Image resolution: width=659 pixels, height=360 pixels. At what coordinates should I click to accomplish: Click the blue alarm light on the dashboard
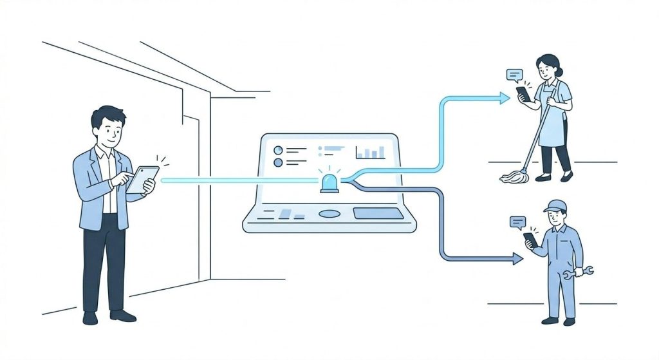(330, 182)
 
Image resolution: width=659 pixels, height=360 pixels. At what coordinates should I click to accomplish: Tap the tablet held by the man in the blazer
(143, 180)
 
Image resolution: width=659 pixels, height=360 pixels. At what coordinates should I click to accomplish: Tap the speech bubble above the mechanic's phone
(517, 223)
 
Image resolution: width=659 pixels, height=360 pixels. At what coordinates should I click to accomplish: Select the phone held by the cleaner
(524, 93)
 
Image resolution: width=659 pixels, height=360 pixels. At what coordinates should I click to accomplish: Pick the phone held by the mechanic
(530, 240)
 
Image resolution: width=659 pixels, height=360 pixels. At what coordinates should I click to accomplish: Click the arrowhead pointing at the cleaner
(505, 98)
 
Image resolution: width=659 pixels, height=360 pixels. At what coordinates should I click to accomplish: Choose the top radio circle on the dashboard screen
(279, 150)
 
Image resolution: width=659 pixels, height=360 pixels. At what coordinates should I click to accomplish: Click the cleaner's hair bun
(559, 72)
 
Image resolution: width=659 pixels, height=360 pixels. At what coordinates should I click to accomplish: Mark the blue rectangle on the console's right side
(378, 213)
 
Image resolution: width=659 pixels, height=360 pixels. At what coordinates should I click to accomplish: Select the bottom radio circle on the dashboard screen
(279, 163)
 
